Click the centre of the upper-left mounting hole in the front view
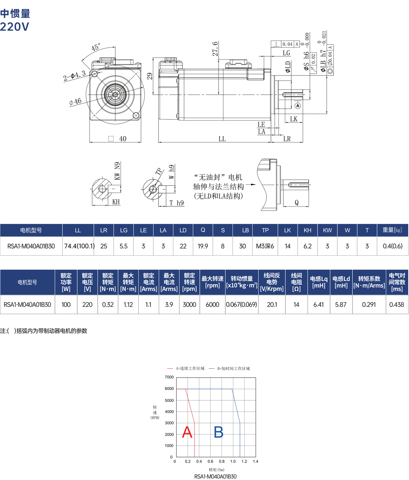point(95,74)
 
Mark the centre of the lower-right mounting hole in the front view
point(136,115)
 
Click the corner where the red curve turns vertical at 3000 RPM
point(194,423)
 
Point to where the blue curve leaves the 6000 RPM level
point(232,389)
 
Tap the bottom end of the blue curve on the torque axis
point(240,457)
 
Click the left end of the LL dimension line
point(159,142)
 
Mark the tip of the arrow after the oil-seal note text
point(256,185)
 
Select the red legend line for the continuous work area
point(170,368)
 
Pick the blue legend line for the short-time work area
point(212,368)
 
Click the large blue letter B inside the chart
point(219,432)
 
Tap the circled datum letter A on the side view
point(298,106)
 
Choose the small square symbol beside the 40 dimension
point(111,139)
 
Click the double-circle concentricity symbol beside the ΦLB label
point(330,71)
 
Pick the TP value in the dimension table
point(265,246)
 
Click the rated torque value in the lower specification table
point(108,305)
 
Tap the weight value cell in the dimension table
point(393,246)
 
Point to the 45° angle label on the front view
point(96,47)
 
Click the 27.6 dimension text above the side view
point(215,49)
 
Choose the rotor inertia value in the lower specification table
point(242,305)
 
